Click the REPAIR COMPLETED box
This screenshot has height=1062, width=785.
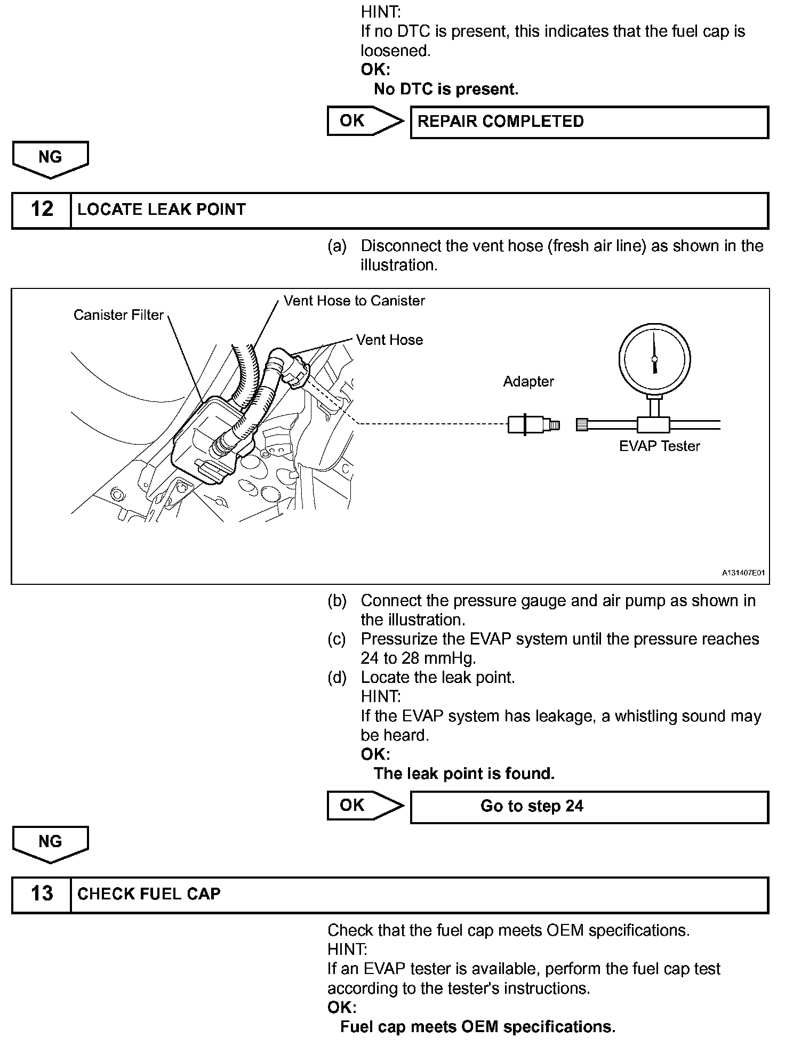tap(589, 122)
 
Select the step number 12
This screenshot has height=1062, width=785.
tap(42, 210)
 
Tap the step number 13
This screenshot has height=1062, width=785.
tap(42, 894)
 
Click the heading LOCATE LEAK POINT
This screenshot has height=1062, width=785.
tap(162, 210)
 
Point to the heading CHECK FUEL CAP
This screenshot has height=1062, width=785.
tap(149, 894)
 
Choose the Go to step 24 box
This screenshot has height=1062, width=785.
tap(589, 806)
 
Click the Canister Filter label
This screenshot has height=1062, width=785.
tap(118, 315)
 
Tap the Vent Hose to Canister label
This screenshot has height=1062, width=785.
tap(354, 301)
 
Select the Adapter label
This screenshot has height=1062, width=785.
tap(528, 382)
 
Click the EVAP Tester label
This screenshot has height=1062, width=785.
tap(659, 446)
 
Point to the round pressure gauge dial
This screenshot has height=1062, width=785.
tap(654, 360)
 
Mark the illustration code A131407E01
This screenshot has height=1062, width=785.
tap(743, 573)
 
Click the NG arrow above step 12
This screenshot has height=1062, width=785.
tap(50, 158)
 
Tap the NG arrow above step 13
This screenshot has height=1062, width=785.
tap(50, 843)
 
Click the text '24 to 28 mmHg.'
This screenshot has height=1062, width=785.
tap(418, 658)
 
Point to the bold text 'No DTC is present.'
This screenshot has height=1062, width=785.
tap(446, 89)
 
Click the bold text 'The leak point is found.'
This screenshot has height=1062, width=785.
tap(464, 774)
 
